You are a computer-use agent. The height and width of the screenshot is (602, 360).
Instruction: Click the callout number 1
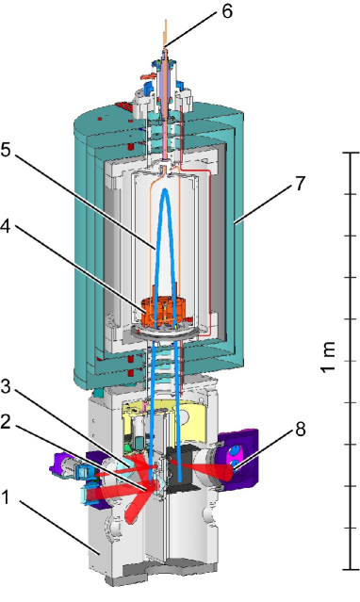[5, 498]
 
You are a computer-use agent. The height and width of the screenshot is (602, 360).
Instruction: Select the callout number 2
[6, 422]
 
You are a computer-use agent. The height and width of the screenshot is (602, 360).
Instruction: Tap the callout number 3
[6, 386]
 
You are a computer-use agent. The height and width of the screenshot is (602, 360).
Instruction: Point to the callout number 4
[6, 226]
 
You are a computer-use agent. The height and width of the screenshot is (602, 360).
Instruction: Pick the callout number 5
[6, 150]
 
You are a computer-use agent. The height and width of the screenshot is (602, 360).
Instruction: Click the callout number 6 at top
[227, 11]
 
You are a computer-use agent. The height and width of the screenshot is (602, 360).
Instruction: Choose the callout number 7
[300, 184]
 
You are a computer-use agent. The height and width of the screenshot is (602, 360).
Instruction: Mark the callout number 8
[301, 429]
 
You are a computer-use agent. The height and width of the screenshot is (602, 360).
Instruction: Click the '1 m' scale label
[329, 357]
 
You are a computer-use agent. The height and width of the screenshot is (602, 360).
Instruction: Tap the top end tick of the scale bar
[352, 153]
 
